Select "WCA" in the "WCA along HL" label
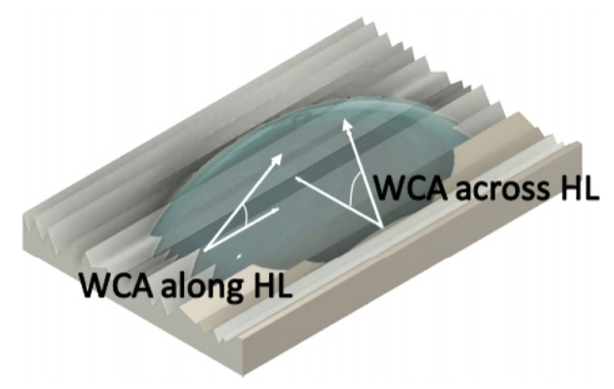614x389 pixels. [117, 285]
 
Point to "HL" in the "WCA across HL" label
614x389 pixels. [579, 188]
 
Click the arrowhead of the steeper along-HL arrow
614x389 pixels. [276, 159]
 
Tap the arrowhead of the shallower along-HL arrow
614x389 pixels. [275, 210]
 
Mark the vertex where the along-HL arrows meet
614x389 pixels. [205, 249]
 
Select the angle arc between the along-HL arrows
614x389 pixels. [245, 215]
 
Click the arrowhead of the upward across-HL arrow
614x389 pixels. [347, 125]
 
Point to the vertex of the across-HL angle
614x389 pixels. [382, 227]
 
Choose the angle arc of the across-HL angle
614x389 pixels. [354, 189]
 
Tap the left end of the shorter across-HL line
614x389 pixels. [298, 179]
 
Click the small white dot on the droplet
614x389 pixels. [239, 257]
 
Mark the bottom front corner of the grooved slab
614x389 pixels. [244, 376]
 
